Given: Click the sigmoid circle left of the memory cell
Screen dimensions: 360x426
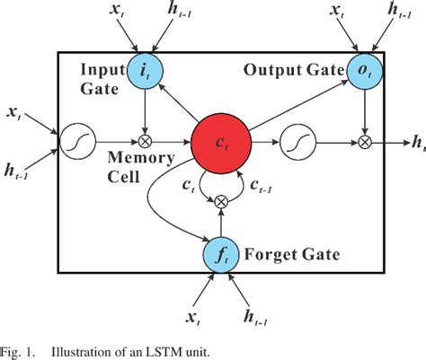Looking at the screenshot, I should [x=75, y=141].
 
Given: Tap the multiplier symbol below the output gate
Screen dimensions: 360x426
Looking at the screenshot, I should [x=364, y=141].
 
